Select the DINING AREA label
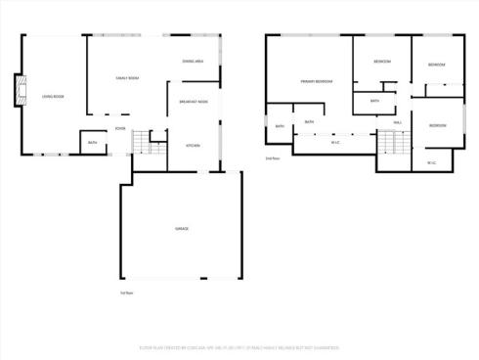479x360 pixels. point(193,61)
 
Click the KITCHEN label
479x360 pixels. point(193,145)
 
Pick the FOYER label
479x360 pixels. point(119,128)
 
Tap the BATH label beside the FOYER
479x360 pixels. point(92,143)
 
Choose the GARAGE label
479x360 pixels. point(181,228)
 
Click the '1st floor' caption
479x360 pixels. point(125,292)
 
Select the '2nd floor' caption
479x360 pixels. point(273,157)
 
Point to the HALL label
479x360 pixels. point(397,122)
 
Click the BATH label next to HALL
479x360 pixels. point(374,101)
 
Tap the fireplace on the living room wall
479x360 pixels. point(16,90)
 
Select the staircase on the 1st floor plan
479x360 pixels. point(141,143)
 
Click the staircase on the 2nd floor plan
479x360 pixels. point(391,144)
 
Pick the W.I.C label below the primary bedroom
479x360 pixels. point(335,143)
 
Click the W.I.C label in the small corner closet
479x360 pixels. point(432,161)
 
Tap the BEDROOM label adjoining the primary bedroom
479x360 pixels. point(381,62)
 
